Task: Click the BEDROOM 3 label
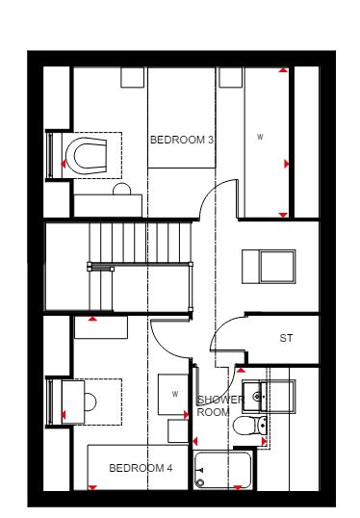[x=182, y=140]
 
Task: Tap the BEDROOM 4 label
[x=141, y=468]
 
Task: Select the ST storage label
[x=286, y=338]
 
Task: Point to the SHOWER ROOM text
[x=220, y=406]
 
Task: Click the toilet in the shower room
[x=250, y=426]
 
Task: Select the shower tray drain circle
[x=200, y=483]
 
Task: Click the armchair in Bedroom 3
[x=86, y=156]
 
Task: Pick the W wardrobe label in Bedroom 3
[x=260, y=137]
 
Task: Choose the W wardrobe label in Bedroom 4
[x=175, y=394]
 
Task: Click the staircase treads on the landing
[x=141, y=243]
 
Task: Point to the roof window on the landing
[x=269, y=267]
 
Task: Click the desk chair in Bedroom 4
[x=90, y=402]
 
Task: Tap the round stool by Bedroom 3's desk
[x=122, y=189]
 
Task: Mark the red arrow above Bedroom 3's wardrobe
[x=283, y=70]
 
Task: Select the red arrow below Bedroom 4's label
[x=92, y=487]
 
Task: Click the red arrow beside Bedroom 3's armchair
[x=64, y=164]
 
